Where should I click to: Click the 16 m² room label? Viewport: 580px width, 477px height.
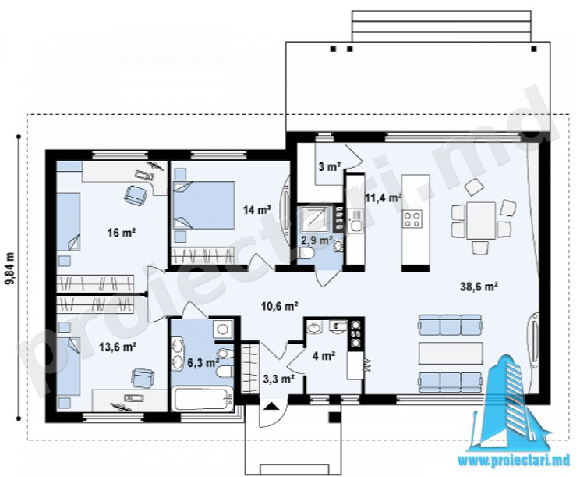tap(122, 233)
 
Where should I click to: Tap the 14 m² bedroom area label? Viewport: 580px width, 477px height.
tap(257, 210)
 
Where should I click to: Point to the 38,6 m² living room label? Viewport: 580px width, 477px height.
tap(479, 287)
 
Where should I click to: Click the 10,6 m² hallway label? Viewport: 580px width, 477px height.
tap(279, 306)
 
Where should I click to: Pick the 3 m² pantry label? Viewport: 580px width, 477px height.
tap(330, 167)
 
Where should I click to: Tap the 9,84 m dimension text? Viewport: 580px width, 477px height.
tap(10, 269)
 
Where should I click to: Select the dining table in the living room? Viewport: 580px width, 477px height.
tap(481, 220)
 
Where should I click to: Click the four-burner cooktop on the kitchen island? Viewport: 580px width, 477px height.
tap(413, 219)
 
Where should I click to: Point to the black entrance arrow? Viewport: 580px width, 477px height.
tap(272, 406)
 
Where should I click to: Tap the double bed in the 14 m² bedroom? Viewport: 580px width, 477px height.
tap(204, 205)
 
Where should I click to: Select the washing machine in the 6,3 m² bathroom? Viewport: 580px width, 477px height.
tap(223, 329)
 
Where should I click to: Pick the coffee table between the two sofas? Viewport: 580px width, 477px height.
tap(451, 353)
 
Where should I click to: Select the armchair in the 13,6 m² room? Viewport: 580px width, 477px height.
tap(143, 377)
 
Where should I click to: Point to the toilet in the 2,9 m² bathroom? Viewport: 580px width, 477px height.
tap(306, 253)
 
